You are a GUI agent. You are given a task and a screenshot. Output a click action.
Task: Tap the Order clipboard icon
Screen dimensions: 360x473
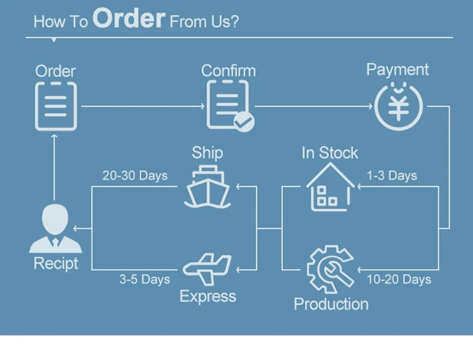pyautogui.click(x=55, y=106)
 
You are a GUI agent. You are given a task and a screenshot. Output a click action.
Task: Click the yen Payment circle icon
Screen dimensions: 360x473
pyautogui.click(x=398, y=105)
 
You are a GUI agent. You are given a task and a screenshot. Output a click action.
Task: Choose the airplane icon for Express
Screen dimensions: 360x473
pyautogui.click(x=207, y=270)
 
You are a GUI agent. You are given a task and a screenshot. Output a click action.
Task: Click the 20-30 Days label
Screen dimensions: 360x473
pyautogui.click(x=135, y=175)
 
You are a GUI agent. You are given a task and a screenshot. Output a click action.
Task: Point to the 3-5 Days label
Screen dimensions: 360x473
pyautogui.click(x=144, y=279)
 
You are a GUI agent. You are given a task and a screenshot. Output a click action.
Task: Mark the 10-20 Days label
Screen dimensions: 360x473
pyautogui.click(x=399, y=279)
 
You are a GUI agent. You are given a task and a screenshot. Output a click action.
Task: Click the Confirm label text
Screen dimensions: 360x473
pyautogui.click(x=228, y=71)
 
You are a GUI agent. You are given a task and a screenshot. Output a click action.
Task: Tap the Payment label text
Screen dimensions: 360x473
pyautogui.click(x=397, y=69)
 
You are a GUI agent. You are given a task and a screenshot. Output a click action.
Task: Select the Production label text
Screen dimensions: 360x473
pyautogui.click(x=331, y=304)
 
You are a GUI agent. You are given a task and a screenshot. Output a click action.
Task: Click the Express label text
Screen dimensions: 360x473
pyautogui.click(x=207, y=296)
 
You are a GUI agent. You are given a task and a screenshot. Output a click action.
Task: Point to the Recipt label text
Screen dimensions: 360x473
pyautogui.click(x=55, y=264)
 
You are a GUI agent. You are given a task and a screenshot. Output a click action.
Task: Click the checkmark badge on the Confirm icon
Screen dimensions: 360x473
pyautogui.click(x=243, y=122)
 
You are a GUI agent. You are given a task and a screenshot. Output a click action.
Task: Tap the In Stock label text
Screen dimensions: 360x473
pyautogui.click(x=329, y=153)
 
